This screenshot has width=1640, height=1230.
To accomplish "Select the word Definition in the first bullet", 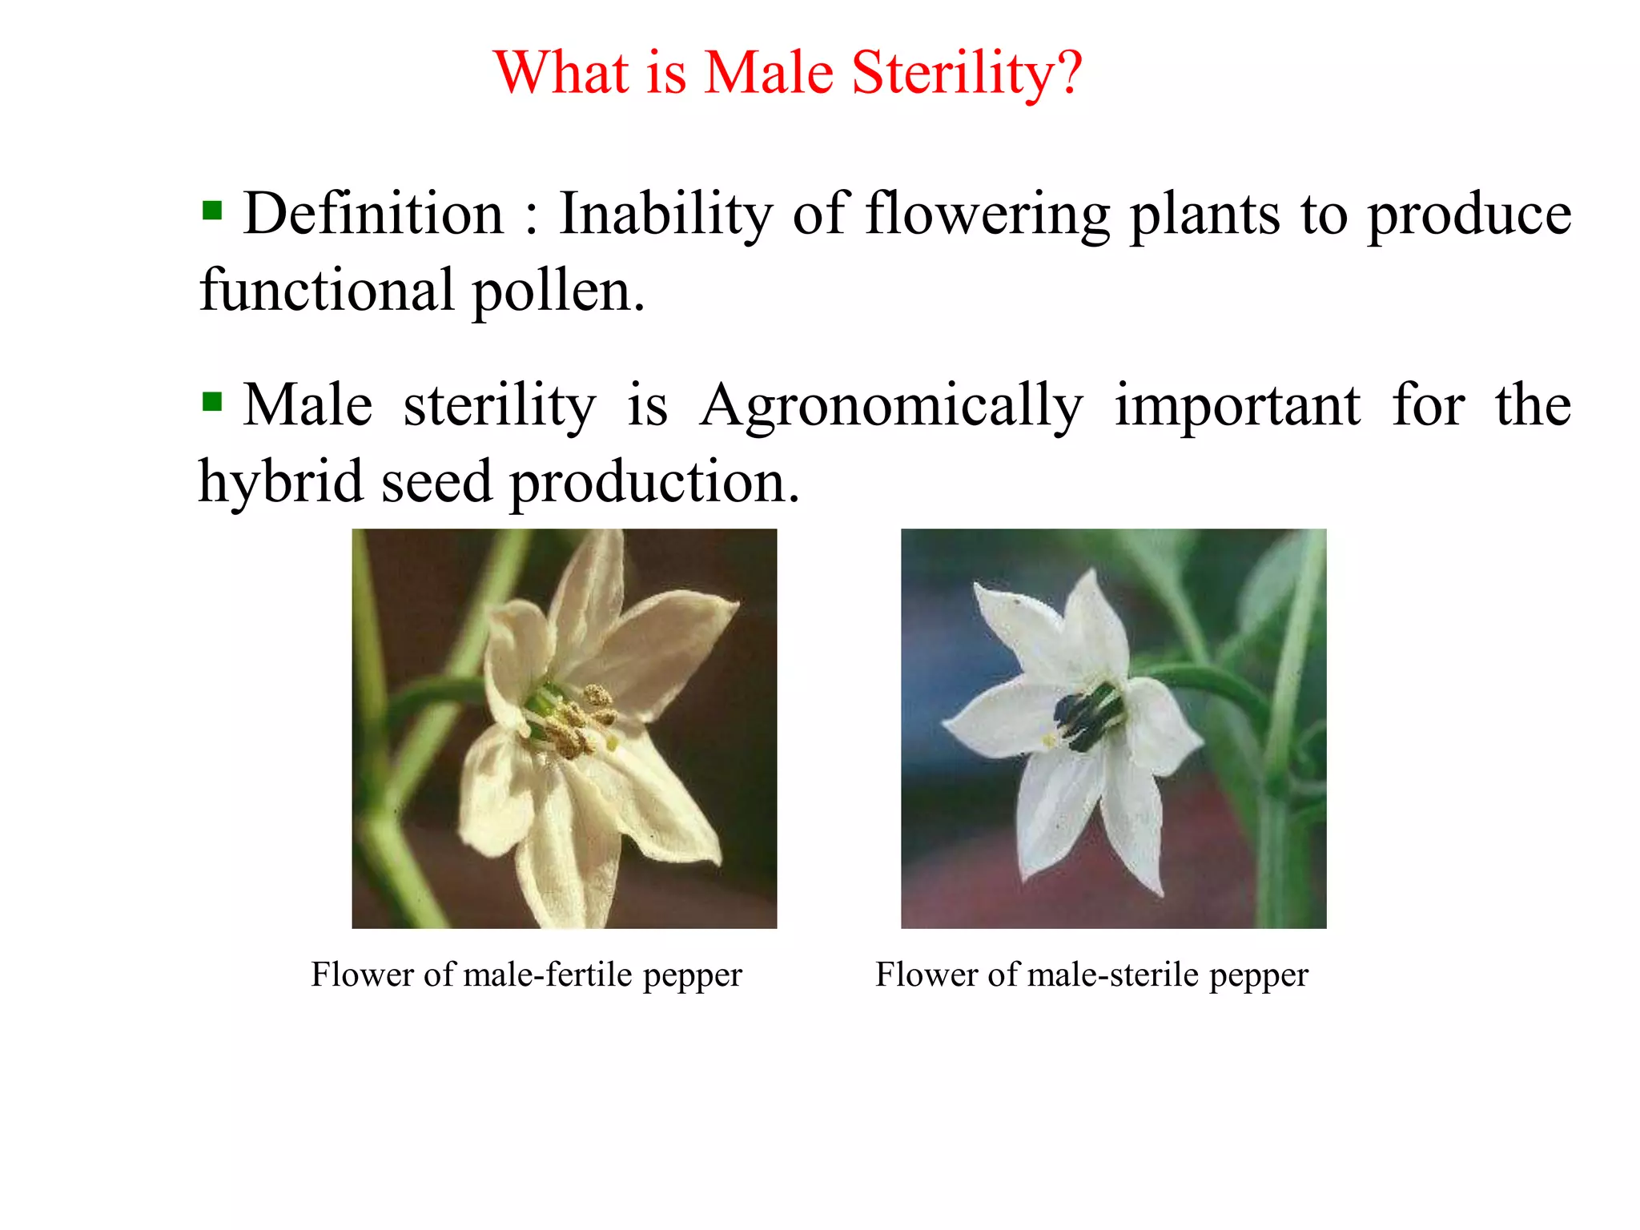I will (373, 215).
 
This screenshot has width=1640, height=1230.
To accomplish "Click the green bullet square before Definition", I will (212, 211).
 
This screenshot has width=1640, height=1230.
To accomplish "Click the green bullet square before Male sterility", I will (212, 401).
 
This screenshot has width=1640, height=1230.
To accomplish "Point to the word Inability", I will (666, 215).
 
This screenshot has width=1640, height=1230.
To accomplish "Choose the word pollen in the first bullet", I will (558, 291).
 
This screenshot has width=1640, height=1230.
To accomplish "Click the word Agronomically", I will (891, 406).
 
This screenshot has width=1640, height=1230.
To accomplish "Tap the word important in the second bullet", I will (1237, 406).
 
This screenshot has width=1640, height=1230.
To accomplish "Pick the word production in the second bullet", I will (654, 482).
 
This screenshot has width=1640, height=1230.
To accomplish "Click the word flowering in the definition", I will (987, 215).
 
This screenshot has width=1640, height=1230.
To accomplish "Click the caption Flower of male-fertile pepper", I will (526, 975).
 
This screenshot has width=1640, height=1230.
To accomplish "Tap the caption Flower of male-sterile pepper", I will (1091, 975).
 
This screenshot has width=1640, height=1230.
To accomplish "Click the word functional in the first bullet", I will (327, 291).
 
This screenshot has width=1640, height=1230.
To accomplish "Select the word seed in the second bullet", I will (436, 482).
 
